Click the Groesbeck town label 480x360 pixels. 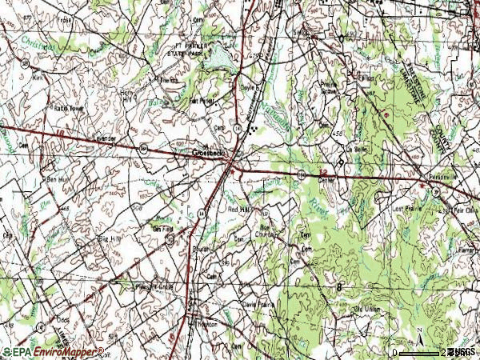(x=206, y=151)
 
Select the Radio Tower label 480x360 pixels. (x=70, y=108)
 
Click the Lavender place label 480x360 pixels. (x=106, y=138)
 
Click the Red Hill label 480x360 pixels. (x=240, y=210)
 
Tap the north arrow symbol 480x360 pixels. (x=418, y=332)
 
